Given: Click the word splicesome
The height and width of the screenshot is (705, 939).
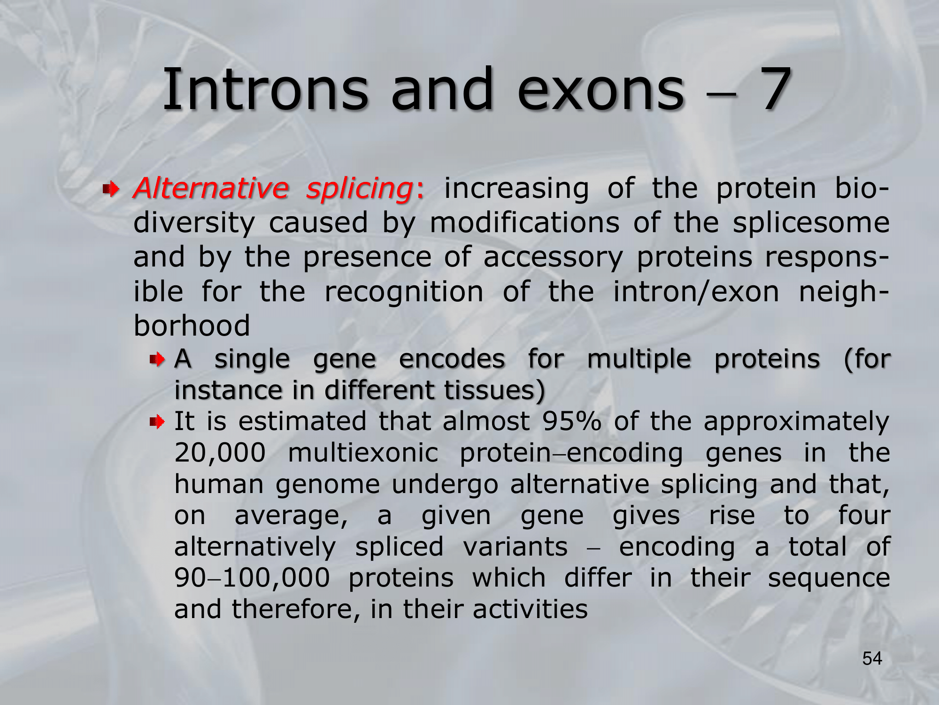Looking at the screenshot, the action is pos(811,223).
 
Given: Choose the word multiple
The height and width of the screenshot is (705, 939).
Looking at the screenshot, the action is pos(639,360).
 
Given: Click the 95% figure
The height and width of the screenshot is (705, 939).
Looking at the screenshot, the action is pos(571,421).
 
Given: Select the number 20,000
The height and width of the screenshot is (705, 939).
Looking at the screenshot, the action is pos(220,454).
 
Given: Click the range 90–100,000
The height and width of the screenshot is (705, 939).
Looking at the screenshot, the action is pos(252,578).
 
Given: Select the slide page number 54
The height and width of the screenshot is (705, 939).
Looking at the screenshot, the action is pos(872,658).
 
